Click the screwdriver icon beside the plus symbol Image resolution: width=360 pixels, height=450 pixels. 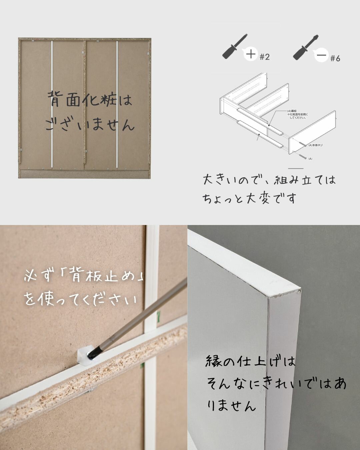point(235,47)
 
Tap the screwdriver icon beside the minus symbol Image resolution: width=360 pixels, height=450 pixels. point(305,47)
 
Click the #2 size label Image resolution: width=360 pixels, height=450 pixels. point(264,57)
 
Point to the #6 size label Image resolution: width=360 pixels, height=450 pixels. point(335,59)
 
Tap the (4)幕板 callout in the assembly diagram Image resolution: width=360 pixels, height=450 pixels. point(292,111)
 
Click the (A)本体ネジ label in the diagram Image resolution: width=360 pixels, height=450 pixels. point(315,145)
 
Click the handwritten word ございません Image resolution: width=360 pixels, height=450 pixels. point(90,124)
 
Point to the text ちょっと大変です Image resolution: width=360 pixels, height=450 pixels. point(249,198)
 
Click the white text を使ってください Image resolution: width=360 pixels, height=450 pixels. point(81,299)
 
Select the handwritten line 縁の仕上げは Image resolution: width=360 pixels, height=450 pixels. point(250,361)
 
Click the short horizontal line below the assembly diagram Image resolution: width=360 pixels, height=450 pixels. point(296,169)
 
